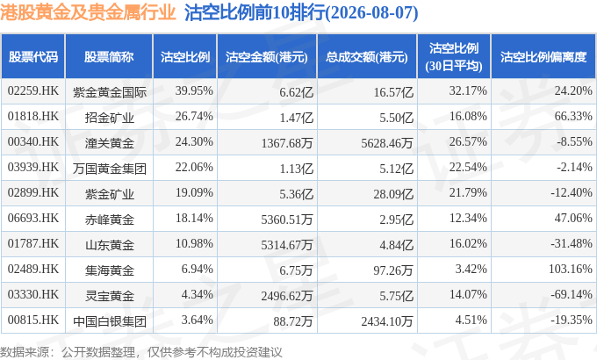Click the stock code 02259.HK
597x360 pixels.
pos(33,91)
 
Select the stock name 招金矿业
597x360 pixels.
pos(109,118)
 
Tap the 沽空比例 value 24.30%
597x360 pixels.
pos(194,142)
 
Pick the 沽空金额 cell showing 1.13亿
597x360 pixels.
pos(296,169)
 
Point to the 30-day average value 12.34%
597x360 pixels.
pos(468,219)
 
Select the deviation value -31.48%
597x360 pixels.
pos(572,244)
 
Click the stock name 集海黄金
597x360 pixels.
pos(109,270)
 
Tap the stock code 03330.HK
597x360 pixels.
pos(33,295)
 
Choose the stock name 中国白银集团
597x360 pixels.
pos(110,321)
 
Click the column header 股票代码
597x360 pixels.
pos(33,57)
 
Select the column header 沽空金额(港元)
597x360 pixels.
pos(267,57)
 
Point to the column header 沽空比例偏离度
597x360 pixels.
pos(543,57)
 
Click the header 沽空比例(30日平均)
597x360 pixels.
pos(454,57)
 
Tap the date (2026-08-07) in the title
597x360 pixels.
pos(372,13)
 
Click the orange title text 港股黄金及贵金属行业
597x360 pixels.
pos(88,12)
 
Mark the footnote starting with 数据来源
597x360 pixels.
pos(140,352)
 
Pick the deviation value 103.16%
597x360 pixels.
pos(571,270)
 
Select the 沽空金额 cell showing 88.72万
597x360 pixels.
pos(292,321)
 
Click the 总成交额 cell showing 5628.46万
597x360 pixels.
pos(387,143)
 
